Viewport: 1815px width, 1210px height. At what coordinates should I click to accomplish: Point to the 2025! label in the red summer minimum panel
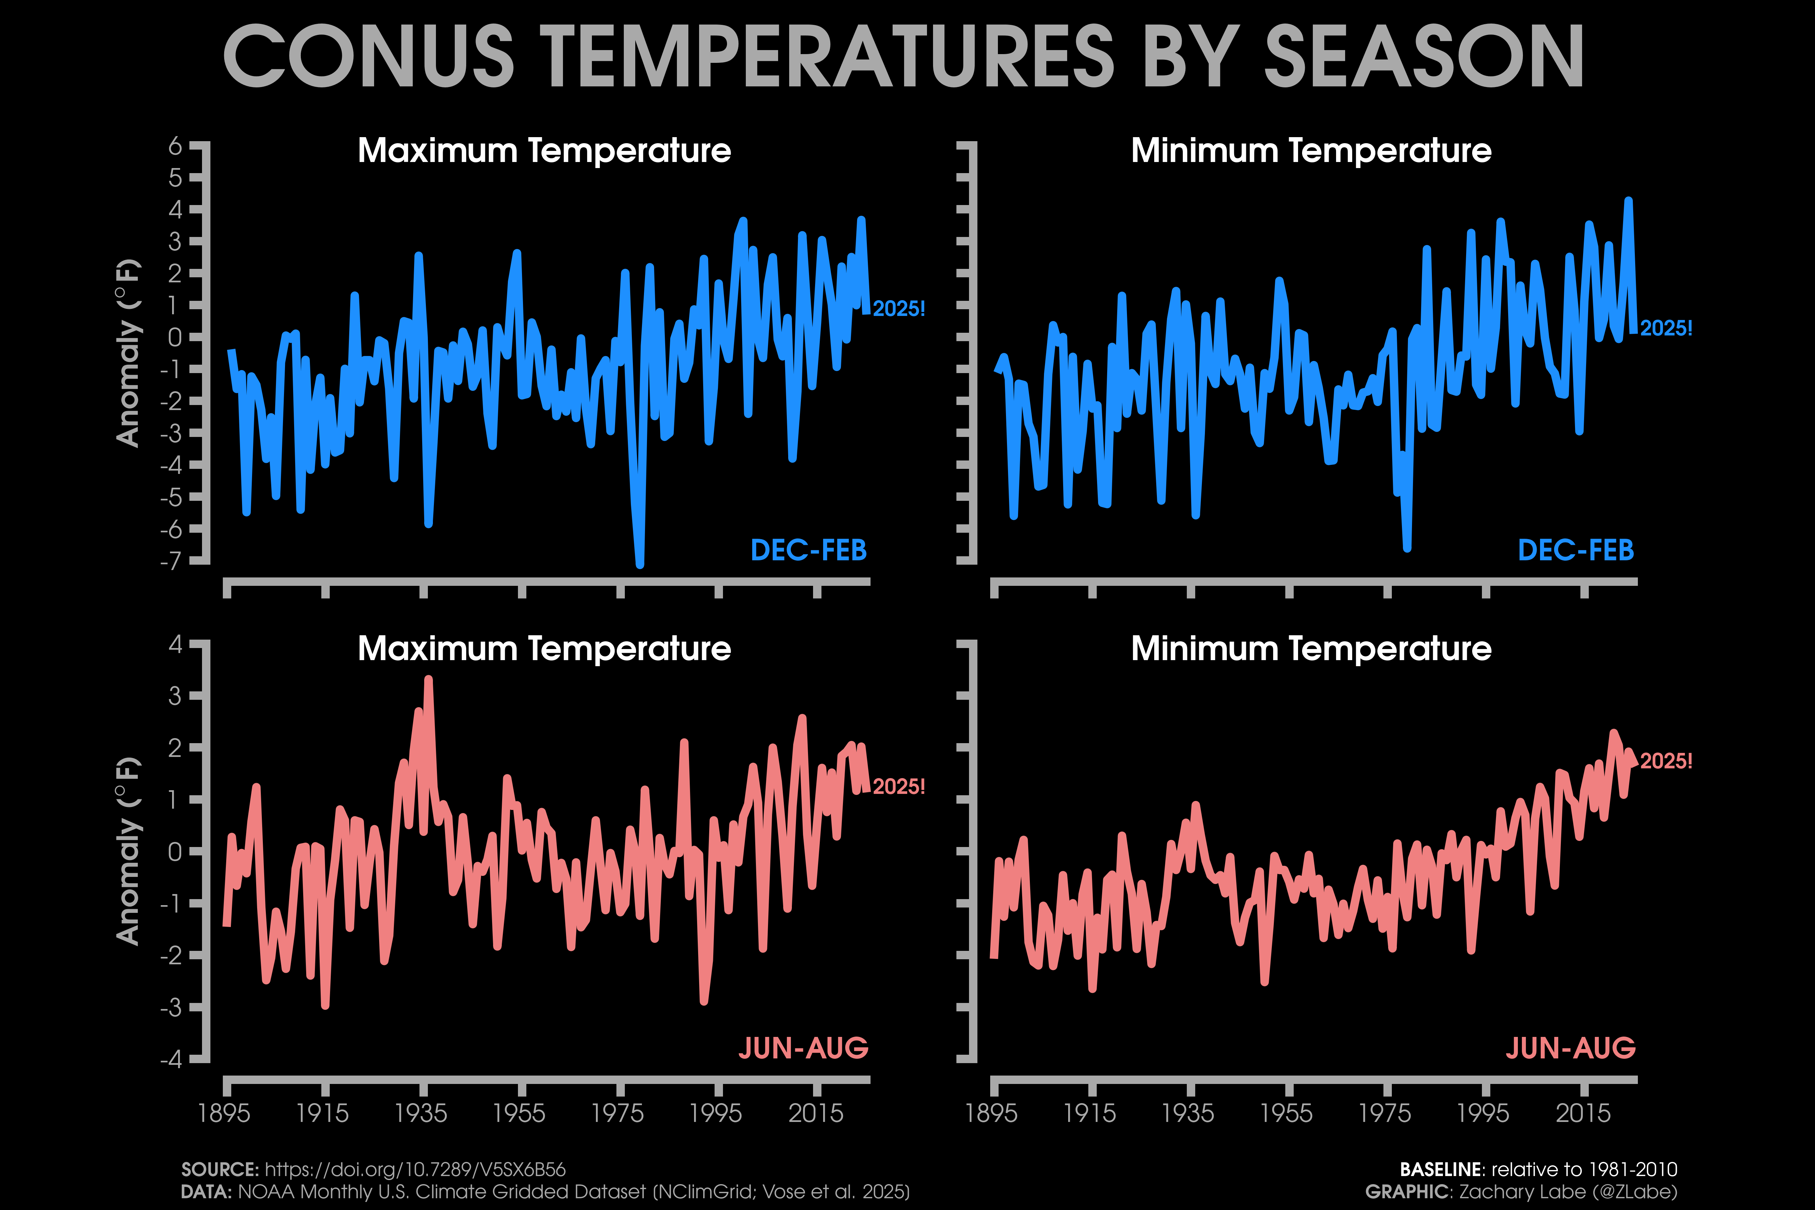pyautogui.click(x=1666, y=761)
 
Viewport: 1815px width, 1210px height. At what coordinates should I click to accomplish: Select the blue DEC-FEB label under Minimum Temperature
pyautogui.click(x=1576, y=550)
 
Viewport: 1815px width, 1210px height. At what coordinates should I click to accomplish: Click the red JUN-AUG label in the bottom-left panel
pyautogui.click(x=803, y=1048)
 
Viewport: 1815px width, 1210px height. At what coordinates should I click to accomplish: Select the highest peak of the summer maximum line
pyautogui.click(x=428, y=679)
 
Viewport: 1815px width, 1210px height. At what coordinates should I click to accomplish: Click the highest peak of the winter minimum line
pyautogui.click(x=1628, y=201)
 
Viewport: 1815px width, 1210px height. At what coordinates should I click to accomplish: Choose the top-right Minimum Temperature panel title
pyautogui.click(x=1311, y=151)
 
